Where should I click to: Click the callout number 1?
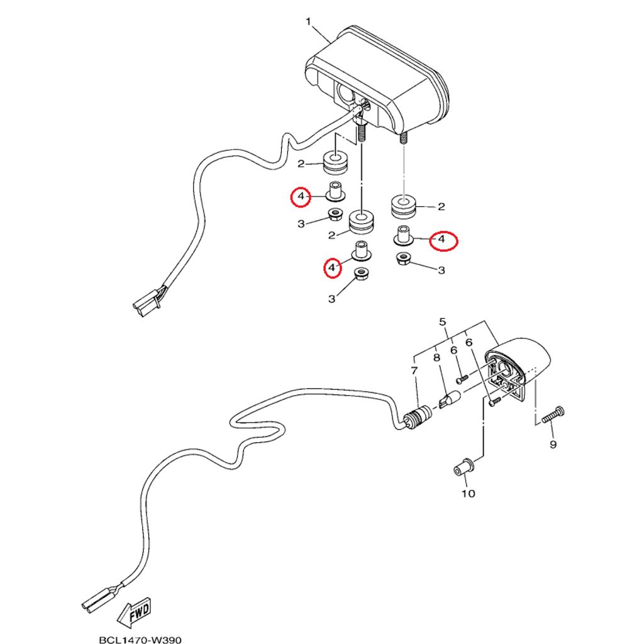[308, 21]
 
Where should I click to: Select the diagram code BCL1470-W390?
[140, 640]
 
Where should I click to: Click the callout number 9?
[553, 445]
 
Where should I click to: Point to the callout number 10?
[468, 493]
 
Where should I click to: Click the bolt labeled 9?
[553, 415]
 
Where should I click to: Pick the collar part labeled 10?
[464, 468]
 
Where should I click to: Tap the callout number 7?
[414, 370]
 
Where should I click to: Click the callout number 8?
[436, 358]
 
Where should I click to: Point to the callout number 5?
[442, 321]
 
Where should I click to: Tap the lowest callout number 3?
[332, 299]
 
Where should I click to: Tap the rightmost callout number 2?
[441, 206]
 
